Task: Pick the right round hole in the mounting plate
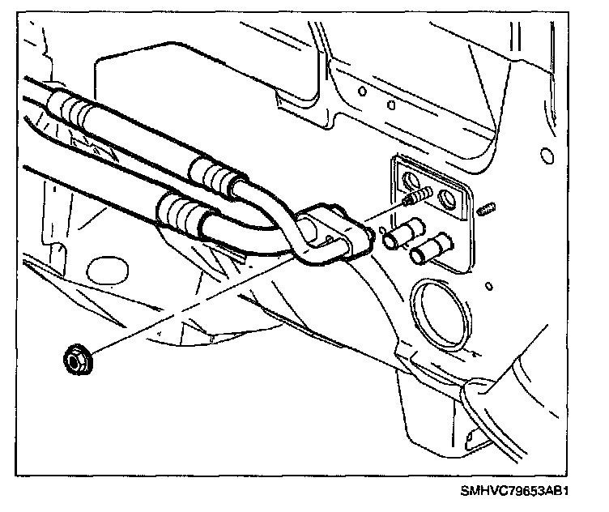446,197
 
